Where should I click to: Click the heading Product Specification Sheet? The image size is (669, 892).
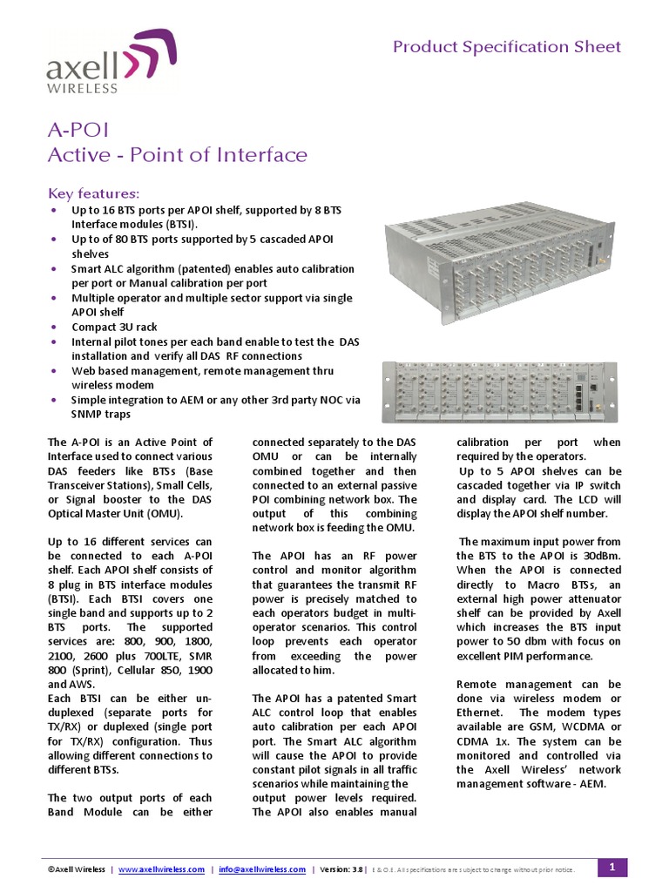coord(507,46)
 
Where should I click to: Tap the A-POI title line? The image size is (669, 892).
coord(78,130)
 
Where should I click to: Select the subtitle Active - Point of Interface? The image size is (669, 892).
coord(177,155)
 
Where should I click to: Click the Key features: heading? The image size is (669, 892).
coord(92,193)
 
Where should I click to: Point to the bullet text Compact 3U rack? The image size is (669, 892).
coord(114,327)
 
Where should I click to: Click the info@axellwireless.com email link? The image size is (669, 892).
coord(262,869)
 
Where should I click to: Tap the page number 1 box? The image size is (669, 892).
coord(612,867)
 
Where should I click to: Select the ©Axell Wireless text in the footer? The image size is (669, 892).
coord(77,869)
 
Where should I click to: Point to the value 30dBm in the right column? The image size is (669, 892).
coord(601,555)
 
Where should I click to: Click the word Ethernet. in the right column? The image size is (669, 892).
coord(485,713)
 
